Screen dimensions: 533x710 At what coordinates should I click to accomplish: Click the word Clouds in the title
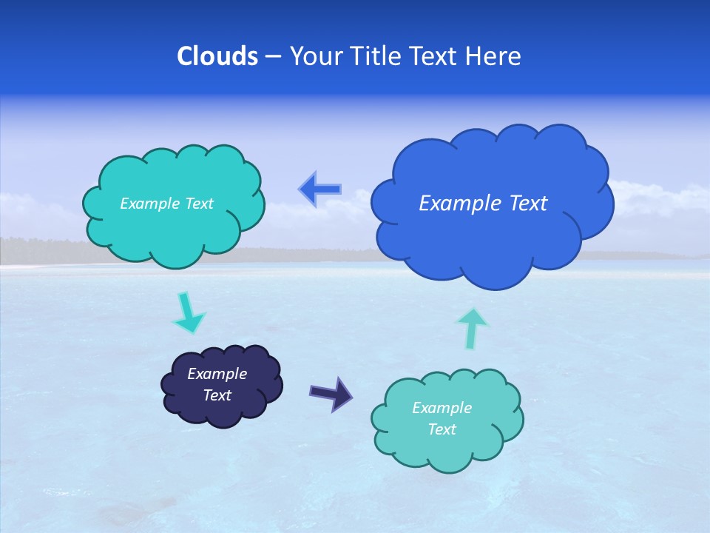pos(217,56)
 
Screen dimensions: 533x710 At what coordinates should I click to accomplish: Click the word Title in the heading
pos(376,56)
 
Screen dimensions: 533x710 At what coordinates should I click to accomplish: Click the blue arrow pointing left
pos(320,190)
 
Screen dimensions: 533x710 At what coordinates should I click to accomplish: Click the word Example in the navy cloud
pos(217,374)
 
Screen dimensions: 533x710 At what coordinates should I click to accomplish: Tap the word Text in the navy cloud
pos(217,395)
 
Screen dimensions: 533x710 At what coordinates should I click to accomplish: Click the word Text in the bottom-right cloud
pos(442,429)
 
